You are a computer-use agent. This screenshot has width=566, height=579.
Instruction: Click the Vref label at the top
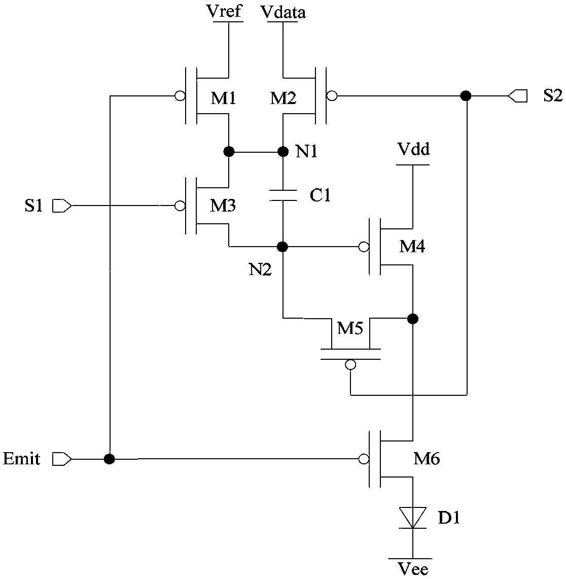pyautogui.click(x=225, y=11)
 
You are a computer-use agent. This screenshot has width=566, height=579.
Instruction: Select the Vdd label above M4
pyautogui.click(x=413, y=149)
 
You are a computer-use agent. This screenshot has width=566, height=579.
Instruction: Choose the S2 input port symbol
pyautogui.click(x=518, y=96)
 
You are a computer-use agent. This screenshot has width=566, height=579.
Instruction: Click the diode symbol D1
pyautogui.click(x=412, y=518)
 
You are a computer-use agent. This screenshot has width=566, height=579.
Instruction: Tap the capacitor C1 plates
pyautogui.click(x=283, y=195)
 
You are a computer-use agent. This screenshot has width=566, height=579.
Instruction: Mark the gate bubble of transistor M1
pyautogui.click(x=180, y=96)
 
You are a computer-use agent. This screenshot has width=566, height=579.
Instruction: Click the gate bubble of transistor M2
pyautogui.click(x=332, y=96)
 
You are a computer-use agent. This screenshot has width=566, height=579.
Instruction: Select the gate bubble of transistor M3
pyautogui.click(x=180, y=206)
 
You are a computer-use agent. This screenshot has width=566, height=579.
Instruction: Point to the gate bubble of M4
pyautogui.click(x=364, y=247)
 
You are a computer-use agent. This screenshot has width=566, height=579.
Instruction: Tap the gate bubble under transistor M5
pyautogui.click(x=350, y=365)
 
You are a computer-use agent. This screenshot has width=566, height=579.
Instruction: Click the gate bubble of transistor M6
pyautogui.click(x=364, y=459)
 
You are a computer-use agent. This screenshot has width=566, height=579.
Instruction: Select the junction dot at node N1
pyautogui.click(x=283, y=151)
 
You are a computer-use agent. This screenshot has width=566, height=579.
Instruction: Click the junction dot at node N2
pyautogui.click(x=282, y=246)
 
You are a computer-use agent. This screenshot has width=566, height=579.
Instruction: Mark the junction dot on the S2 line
pyautogui.click(x=466, y=96)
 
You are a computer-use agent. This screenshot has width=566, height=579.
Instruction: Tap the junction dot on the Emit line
pyautogui.click(x=109, y=459)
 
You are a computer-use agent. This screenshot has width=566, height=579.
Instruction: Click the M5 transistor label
pyautogui.click(x=350, y=327)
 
